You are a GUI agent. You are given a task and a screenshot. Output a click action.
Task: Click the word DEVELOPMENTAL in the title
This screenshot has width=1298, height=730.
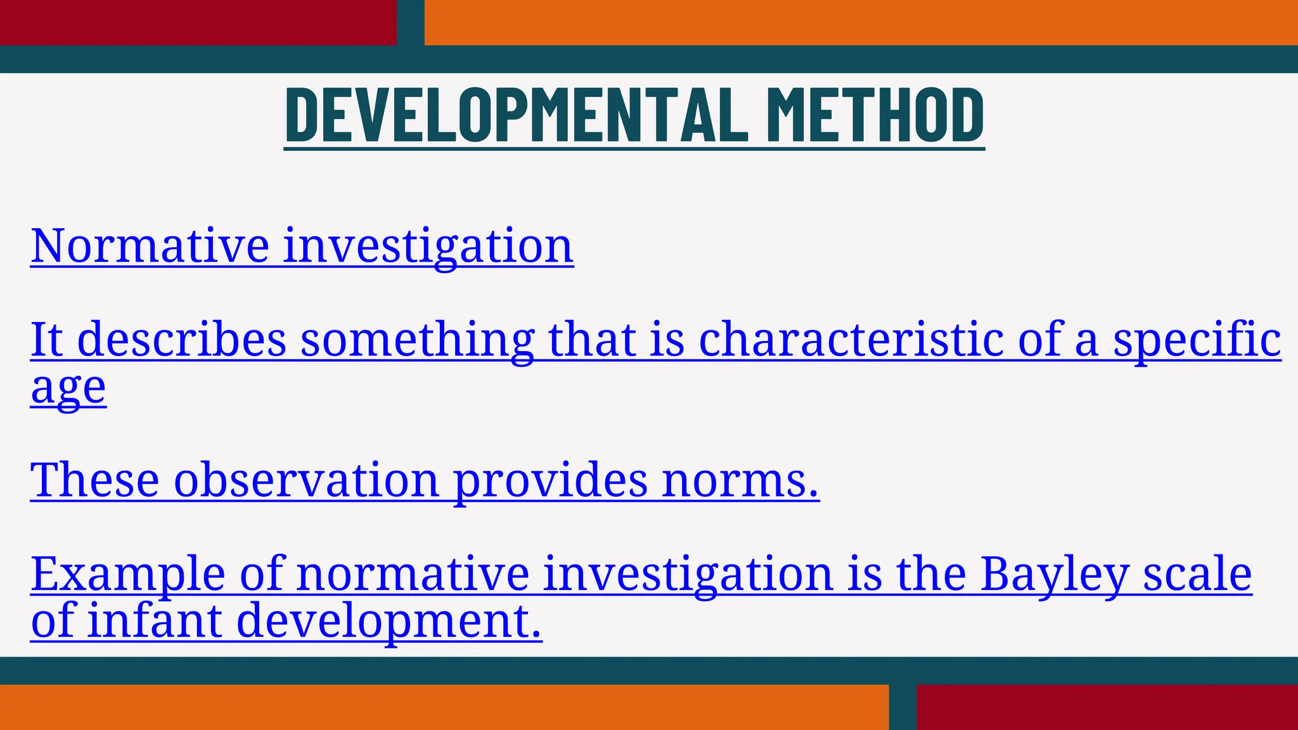(x=517, y=115)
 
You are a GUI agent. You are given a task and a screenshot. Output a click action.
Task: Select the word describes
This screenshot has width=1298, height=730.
(x=182, y=340)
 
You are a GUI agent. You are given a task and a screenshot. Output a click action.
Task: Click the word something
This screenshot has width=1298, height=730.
(x=417, y=340)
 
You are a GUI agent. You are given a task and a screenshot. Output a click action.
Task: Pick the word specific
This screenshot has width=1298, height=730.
(x=1197, y=340)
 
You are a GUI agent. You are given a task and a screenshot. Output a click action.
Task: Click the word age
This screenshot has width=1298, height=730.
(x=68, y=388)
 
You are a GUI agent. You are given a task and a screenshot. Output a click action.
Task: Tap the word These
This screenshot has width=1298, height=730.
(x=95, y=480)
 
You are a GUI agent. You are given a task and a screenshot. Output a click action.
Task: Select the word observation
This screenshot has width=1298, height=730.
(x=306, y=480)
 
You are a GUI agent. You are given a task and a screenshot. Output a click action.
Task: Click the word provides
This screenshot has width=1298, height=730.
(x=551, y=480)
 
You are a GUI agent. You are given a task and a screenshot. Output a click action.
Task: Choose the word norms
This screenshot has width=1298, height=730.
(x=740, y=480)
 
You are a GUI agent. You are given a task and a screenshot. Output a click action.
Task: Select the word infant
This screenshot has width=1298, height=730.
(x=154, y=621)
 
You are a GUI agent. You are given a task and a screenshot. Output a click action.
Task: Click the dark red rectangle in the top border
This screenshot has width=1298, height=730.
(x=198, y=22)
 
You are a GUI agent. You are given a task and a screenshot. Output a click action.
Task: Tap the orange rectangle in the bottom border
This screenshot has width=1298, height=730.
(x=444, y=707)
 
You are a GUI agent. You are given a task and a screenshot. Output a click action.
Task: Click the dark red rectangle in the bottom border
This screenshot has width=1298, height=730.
(x=1107, y=707)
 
